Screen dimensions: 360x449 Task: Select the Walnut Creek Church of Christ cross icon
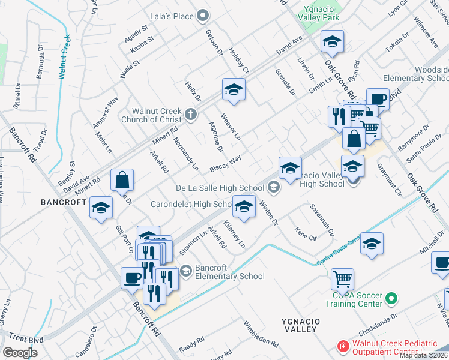pos(191,113)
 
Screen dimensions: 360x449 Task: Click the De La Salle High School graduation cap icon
pos(274,188)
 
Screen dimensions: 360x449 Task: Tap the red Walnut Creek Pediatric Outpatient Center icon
pos(343,347)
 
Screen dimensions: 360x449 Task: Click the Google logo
pos(20,353)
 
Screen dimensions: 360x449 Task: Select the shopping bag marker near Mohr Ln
pos(122,180)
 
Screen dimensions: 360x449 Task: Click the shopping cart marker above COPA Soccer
pos(342,278)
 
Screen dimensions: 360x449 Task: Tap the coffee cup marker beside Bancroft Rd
pos(133,278)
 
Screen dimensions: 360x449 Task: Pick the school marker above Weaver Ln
pos(234,90)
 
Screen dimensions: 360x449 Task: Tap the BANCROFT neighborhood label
pos(64,202)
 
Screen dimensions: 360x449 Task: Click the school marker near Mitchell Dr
pos(372,244)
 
